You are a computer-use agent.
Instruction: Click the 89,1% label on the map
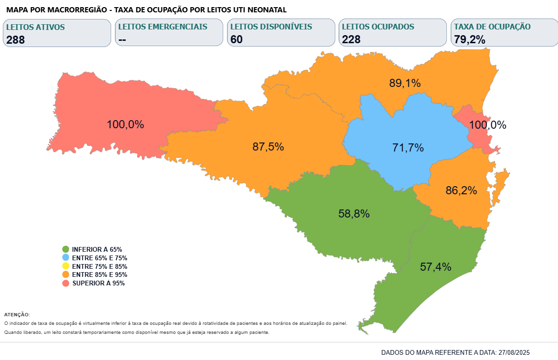(x=405, y=83)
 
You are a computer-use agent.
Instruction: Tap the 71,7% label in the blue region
(x=408, y=148)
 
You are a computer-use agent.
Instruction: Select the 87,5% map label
(x=268, y=147)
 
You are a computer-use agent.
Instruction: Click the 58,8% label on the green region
(x=354, y=214)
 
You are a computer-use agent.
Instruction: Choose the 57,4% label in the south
(x=435, y=266)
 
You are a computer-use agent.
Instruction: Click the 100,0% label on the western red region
(x=125, y=124)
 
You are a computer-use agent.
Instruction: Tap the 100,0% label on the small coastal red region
(x=488, y=125)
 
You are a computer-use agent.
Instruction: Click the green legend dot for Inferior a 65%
(x=66, y=249)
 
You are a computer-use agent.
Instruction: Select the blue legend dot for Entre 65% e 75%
(x=66, y=257)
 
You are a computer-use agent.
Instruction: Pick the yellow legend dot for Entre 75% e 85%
(x=66, y=266)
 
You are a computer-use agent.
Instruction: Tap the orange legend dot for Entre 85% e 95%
(x=66, y=275)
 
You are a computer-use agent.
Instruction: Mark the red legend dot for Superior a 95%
(x=66, y=283)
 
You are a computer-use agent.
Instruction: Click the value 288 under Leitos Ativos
(x=16, y=40)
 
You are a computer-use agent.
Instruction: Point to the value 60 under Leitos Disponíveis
(x=236, y=39)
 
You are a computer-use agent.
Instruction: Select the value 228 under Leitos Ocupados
(x=351, y=39)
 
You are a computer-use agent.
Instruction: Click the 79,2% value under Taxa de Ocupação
(x=470, y=40)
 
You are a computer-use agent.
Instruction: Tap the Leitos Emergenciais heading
(x=163, y=27)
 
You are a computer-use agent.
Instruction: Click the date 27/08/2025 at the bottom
(x=513, y=352)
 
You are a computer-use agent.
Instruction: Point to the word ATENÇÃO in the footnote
(x=17, y=314)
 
